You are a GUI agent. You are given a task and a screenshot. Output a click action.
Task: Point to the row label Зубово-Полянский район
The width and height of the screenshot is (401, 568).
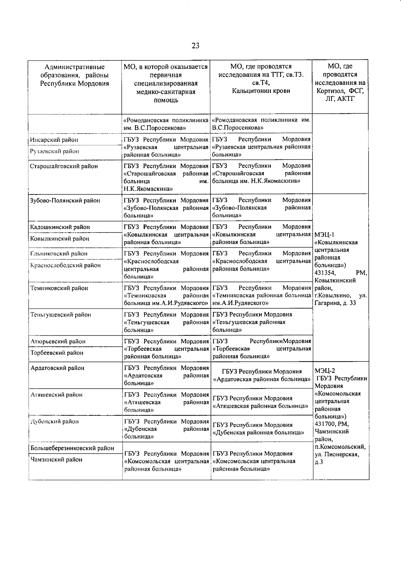[x=65, y=201]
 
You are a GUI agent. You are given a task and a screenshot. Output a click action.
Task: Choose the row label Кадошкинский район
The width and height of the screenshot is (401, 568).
[x=60, y=227]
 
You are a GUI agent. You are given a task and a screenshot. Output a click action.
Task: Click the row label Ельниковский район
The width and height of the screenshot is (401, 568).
[x=59, y=254]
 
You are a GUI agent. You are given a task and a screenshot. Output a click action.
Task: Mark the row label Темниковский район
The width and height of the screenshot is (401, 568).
[x=59, y=288]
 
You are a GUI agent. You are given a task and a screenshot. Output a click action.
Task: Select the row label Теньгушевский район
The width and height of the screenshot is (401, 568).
[x=60, y=315]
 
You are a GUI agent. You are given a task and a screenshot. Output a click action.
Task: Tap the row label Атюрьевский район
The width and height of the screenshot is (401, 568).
[x=58, y=341]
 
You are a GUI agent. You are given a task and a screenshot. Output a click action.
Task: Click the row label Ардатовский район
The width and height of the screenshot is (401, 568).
[x=57, y=368]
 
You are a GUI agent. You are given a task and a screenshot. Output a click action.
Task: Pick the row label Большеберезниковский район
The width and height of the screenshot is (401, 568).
[x=72, y=448]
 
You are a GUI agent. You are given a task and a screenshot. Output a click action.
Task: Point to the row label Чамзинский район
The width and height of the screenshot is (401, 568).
[x=56, y=460]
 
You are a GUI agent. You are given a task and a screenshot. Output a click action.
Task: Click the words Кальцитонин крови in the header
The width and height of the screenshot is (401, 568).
[x=261, y=91]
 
